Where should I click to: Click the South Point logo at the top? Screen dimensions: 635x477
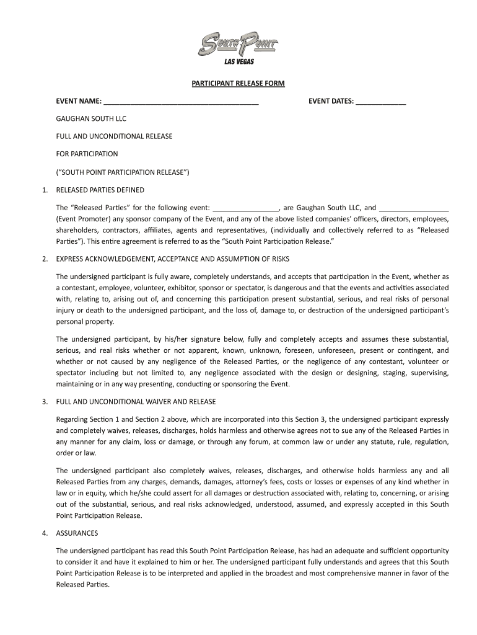tap(239, 45)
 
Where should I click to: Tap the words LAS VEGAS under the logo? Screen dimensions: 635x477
tap(239, 61)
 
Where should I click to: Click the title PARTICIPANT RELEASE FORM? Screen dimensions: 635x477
tap(238, 83)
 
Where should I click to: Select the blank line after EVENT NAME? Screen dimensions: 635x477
tap(181, 102)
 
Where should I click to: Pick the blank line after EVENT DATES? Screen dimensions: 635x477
tap(381, 102)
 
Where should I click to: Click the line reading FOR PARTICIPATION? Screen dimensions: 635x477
tap(87, 153)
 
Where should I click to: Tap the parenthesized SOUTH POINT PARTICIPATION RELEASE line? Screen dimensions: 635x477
tap(122, 171)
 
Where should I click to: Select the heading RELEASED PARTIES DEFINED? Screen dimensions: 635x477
tap(100, 190)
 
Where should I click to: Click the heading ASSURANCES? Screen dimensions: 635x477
tap(77, 533)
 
